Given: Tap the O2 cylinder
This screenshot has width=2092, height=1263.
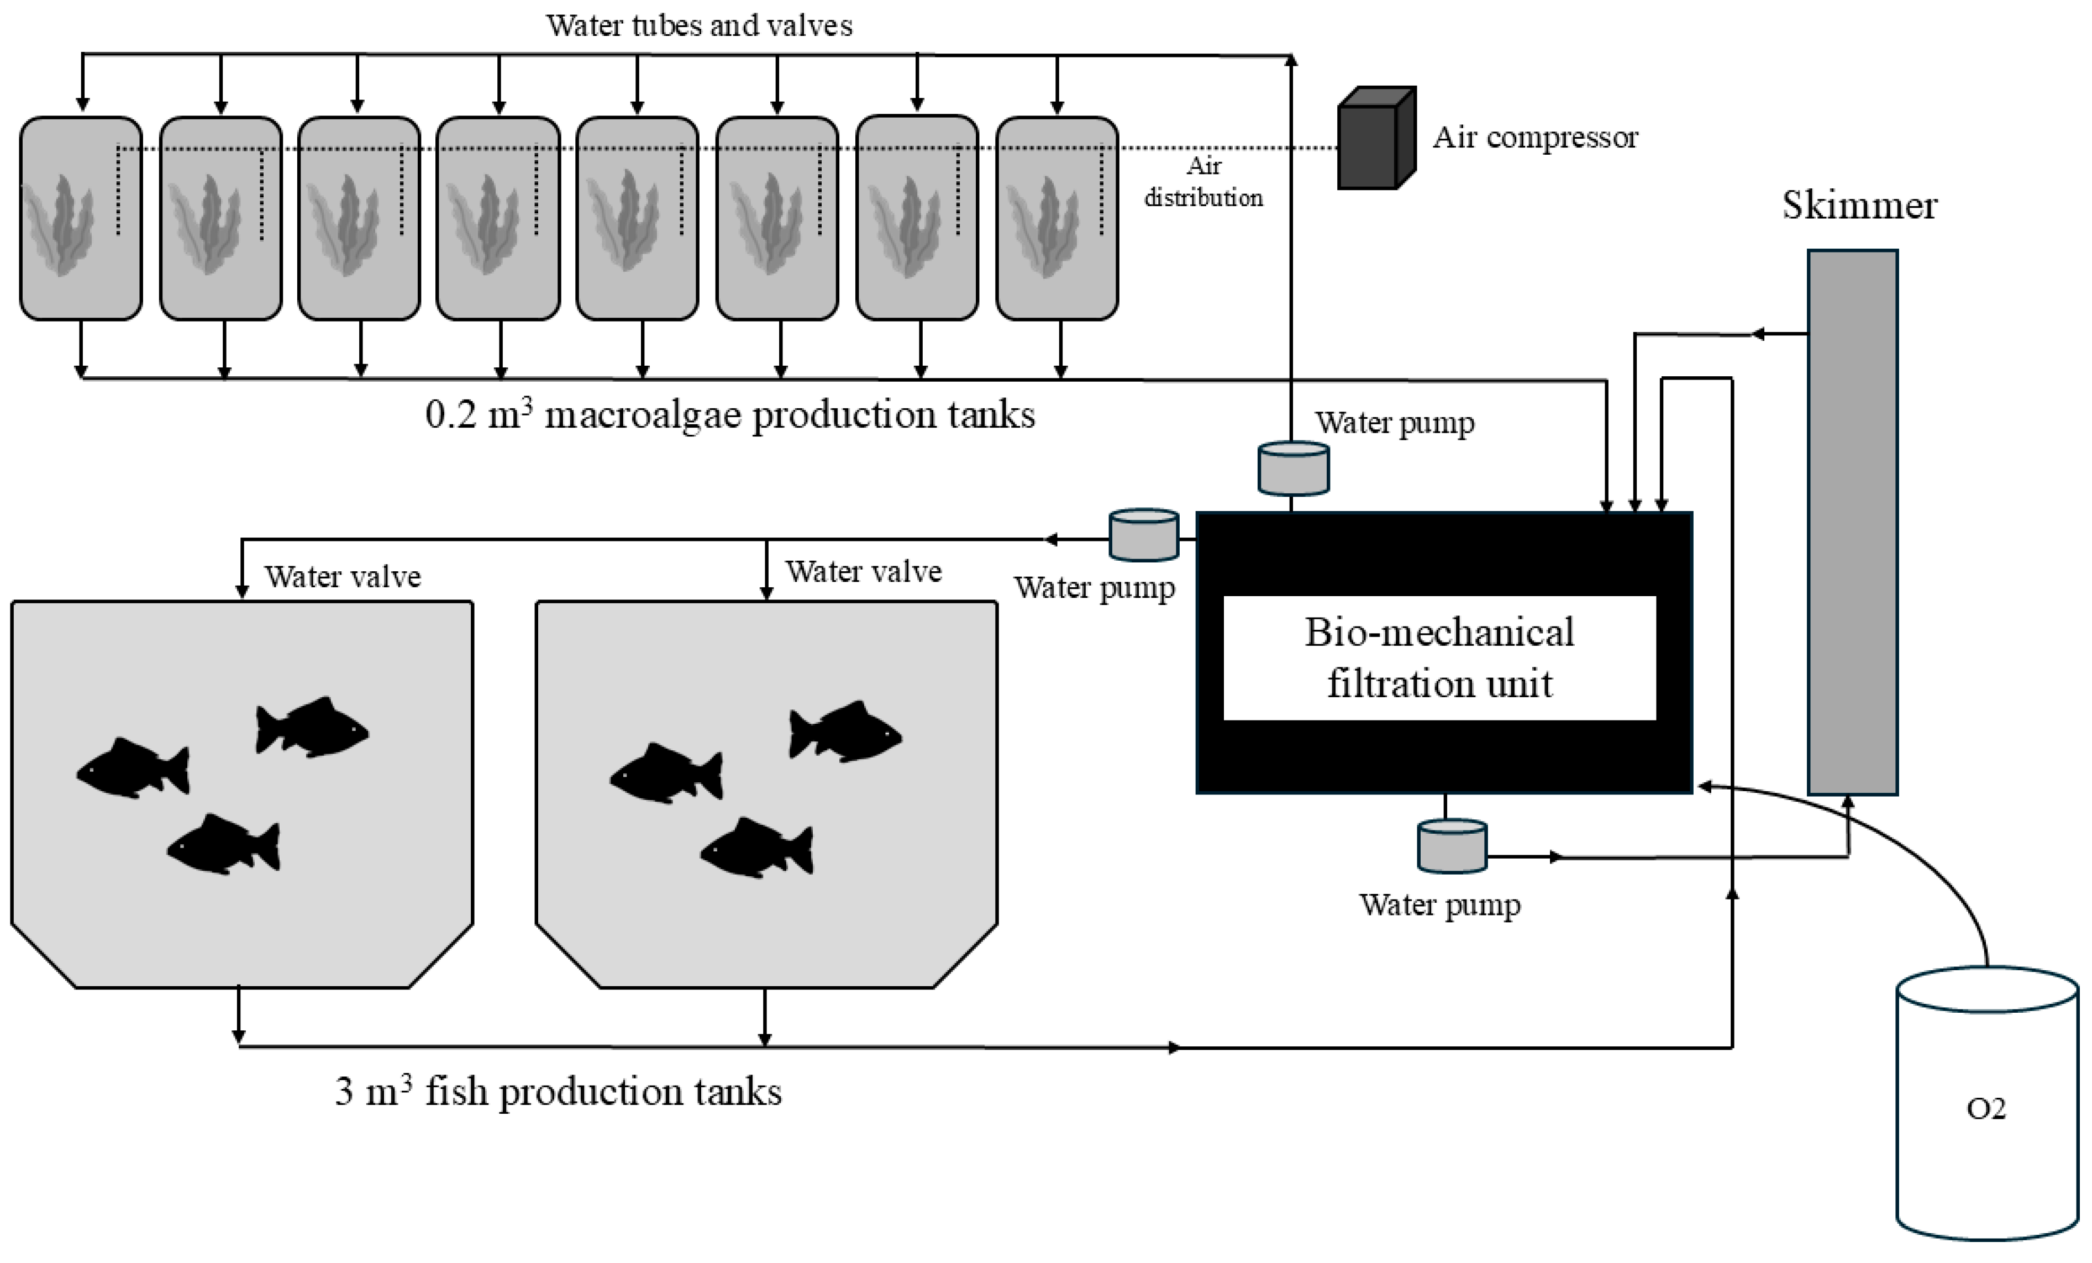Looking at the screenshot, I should point(1986,1103).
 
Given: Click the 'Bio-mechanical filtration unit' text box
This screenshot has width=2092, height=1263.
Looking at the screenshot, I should point(1439,658).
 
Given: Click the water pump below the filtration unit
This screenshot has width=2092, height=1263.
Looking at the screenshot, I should point(1452,845).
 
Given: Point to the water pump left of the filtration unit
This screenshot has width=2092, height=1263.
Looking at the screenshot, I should point(1144,535).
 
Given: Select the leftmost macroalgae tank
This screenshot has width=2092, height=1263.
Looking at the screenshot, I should point(81,218).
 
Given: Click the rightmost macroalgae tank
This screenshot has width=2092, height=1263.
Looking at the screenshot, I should point(1057,218).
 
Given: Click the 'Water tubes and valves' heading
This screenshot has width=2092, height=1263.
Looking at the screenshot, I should point(699,25).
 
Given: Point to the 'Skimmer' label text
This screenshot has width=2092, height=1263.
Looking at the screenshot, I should point(1859,206).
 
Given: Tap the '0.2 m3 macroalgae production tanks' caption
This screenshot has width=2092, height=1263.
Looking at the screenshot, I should point(730,415).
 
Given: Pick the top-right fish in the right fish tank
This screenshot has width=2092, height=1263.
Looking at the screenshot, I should point(845,732).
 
